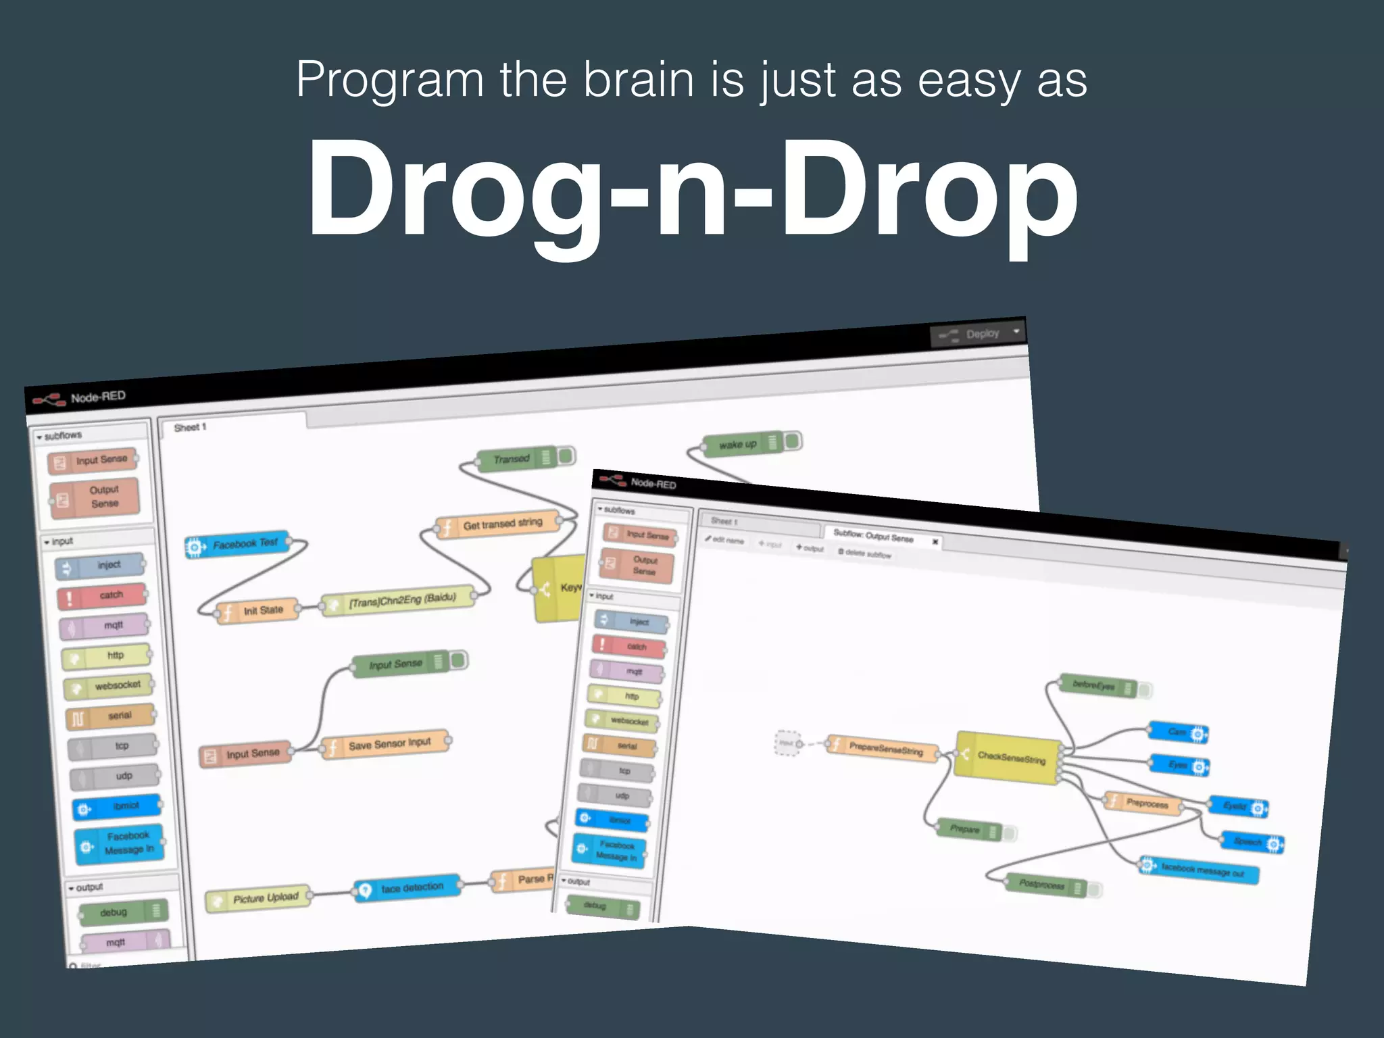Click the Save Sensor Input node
(x=387, y=745)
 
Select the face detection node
(x=408, y=888)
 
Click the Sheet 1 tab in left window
(x=191, y=427)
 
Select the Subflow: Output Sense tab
(x=873, y=537)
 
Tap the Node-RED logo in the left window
(x=49, y=399)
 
